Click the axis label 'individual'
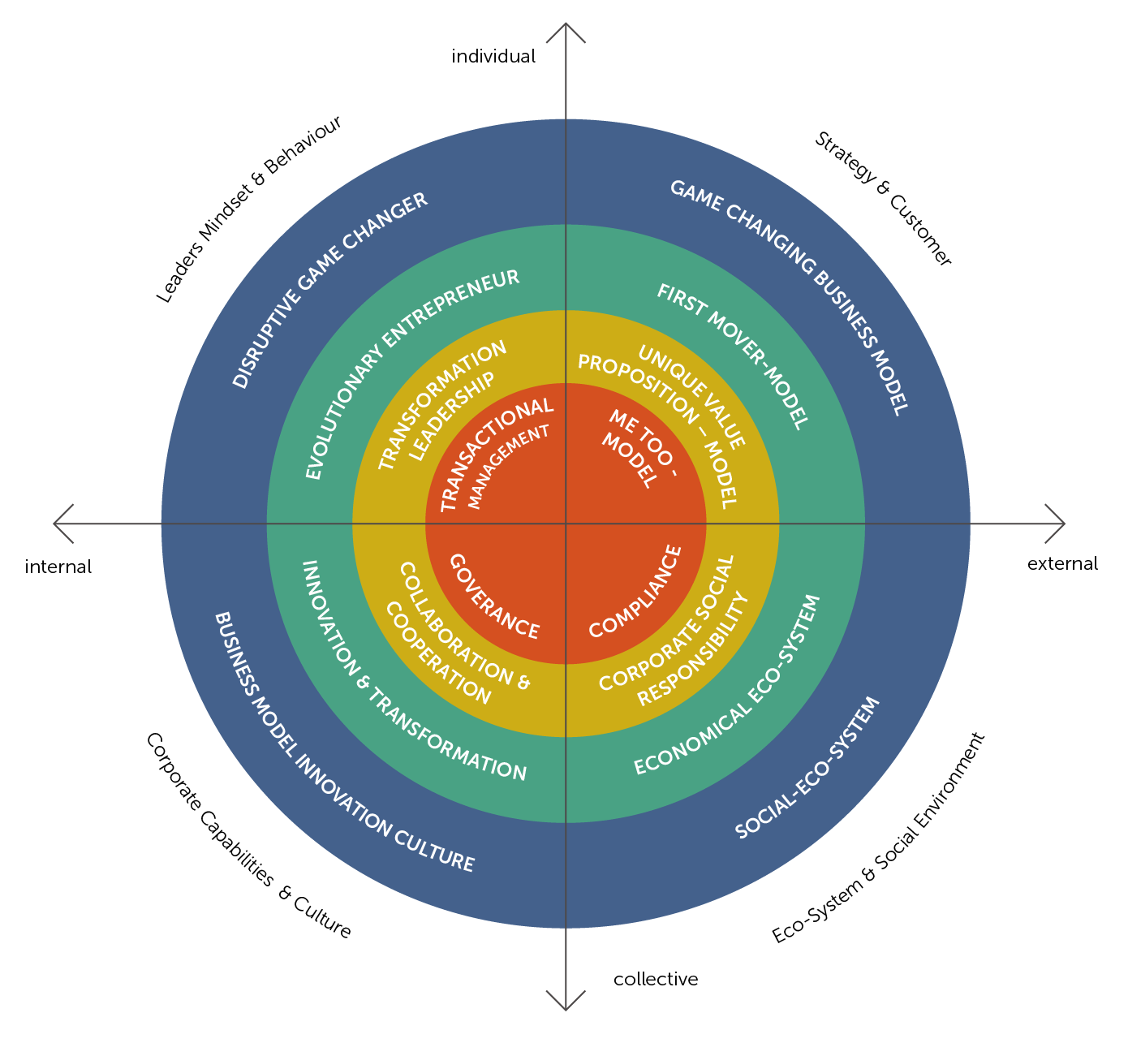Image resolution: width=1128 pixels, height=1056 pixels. pyautogui.click(x=493, y=57)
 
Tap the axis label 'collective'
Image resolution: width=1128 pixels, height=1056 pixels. pyautogui.click(x=656, y=980)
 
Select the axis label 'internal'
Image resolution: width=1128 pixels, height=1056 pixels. pyautogui.click(x=58, y=567)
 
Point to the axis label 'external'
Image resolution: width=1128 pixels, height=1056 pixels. pyautogui.click(x=1062, y=564)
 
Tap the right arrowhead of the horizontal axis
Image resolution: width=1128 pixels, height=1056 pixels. pyautogui.click(x=1057, y=524)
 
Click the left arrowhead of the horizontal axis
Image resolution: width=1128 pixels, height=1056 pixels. pyautogui.click(x=61, y=524)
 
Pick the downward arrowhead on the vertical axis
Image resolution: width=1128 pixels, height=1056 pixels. pyautogui.click(x=566, y=1003)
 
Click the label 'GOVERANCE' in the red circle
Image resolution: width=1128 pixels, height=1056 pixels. pyautogui.click(x=493, y=597)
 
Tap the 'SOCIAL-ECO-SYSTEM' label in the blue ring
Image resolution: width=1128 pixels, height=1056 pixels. pyautogui.click(x=807, y=768)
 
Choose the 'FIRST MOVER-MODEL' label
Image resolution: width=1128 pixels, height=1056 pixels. pyautogui.click(x=733, y=356)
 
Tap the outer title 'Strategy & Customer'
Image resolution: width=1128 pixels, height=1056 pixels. pyautogui.click(x=882, y=199)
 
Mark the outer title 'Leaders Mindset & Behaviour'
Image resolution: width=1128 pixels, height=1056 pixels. pyautogui.click(x=249, y=209)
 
